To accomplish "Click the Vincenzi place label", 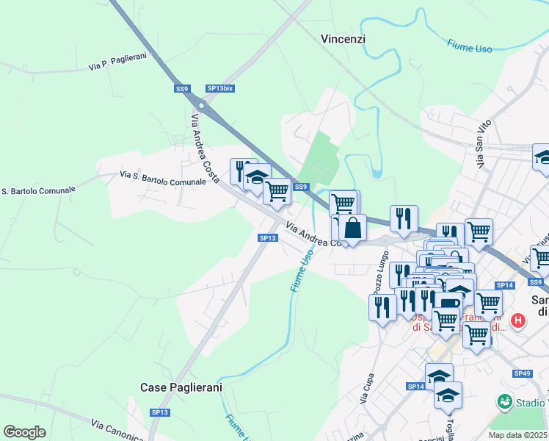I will point(343,39).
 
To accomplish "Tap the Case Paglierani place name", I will point(181,387).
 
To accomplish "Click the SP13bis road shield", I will point(219,88).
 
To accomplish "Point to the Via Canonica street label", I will point(117,430).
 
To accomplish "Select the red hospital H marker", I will point(518,320).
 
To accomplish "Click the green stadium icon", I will point(504,402).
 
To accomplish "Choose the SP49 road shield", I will point(523,374).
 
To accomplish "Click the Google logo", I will point(24,432).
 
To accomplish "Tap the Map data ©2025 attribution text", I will point(517,435).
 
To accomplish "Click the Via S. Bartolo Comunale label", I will point(163,176).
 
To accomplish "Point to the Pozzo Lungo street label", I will point(381,272).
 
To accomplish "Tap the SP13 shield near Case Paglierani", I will point(160,413).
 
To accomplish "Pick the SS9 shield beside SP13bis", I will point(182,88).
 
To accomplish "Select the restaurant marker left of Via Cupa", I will point(382,307).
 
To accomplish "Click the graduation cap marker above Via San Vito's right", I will point(543,157).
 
